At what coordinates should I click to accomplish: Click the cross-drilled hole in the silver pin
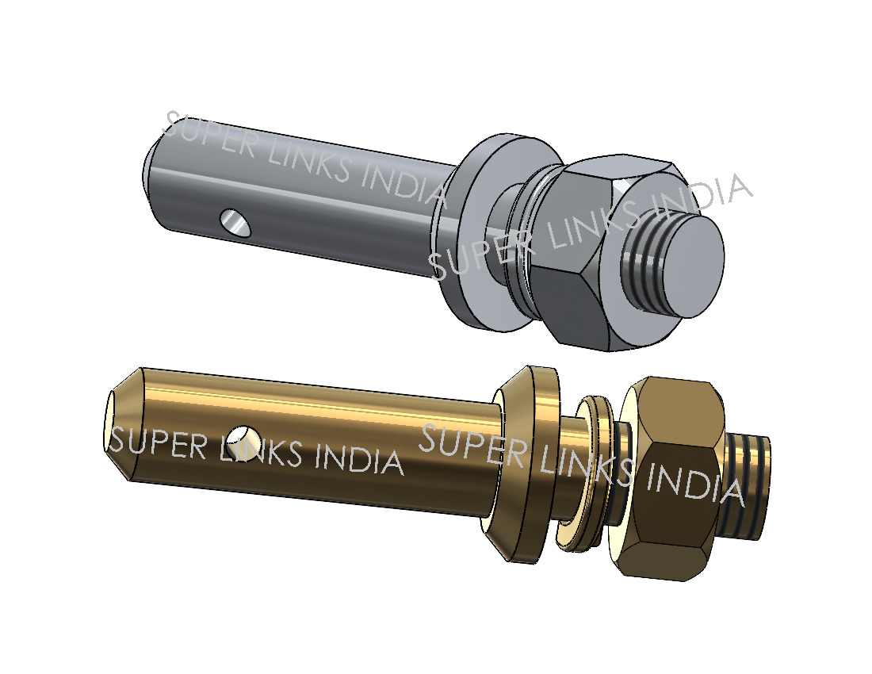click(x=235, y=223)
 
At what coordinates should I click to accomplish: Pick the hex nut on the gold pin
click(x=670, y=478)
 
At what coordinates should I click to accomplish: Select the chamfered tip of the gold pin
click(x=122, y=423)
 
